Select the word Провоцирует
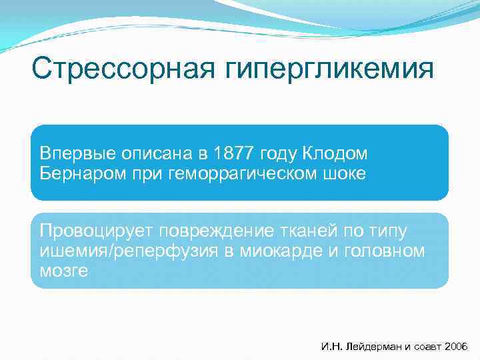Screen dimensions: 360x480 click(x=96, y=231)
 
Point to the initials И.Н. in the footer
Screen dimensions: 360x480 click(x=331, y=347)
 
